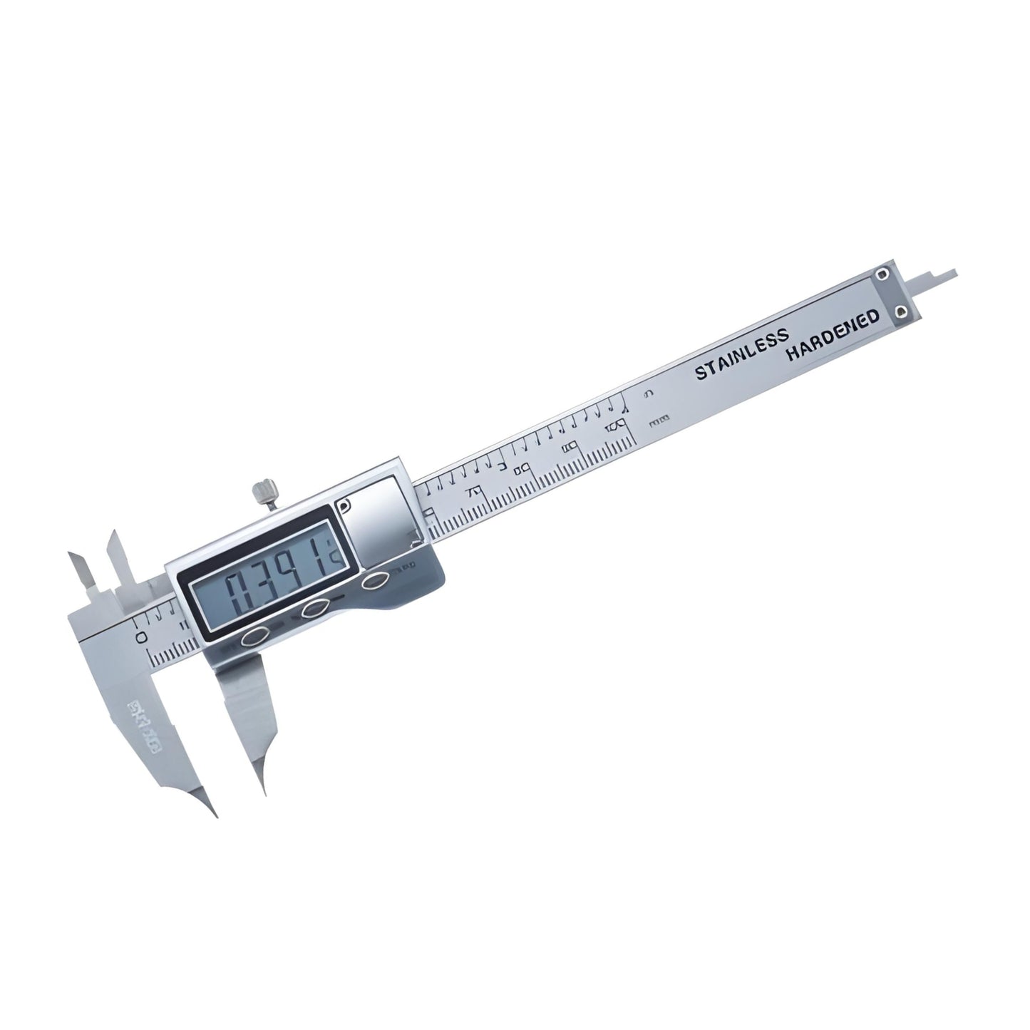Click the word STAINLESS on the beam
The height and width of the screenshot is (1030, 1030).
(742, 354)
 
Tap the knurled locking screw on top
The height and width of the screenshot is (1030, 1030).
(262, 492)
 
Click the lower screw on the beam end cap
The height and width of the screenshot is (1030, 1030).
(902, 313)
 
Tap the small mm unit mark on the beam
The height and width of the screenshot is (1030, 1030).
(659, 421)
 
